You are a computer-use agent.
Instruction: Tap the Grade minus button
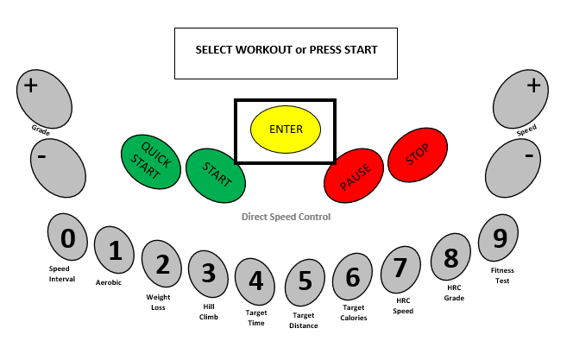[x=58, y=167]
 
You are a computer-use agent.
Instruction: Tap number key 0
[x=68, y=238]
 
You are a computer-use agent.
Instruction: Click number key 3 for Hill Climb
[x=208, y=275]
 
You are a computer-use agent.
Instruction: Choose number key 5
[x=304, y=282]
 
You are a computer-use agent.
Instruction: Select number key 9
[x=499, y=238]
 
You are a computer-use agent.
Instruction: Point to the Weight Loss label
[x=158, y=302]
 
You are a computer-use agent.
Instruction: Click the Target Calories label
[x=354, y=313]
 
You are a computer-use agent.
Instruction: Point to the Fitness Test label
[x=502, y=275]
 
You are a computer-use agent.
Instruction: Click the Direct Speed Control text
[x=286, y=217]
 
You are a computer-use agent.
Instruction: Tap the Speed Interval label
[x=62, y=274]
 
